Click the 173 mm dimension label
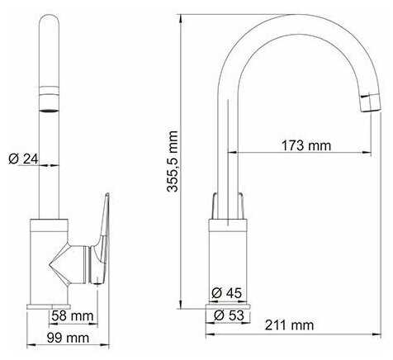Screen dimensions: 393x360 306,145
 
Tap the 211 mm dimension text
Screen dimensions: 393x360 289,325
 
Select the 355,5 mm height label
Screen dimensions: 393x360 173,161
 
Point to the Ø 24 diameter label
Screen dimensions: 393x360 23,159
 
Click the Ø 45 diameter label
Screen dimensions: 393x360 227,293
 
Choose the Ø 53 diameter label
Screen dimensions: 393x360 229,315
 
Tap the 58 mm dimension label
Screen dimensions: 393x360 73,315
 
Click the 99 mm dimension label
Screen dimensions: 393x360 68,338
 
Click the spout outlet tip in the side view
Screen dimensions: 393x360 371,102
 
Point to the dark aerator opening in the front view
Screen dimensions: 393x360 50,111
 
